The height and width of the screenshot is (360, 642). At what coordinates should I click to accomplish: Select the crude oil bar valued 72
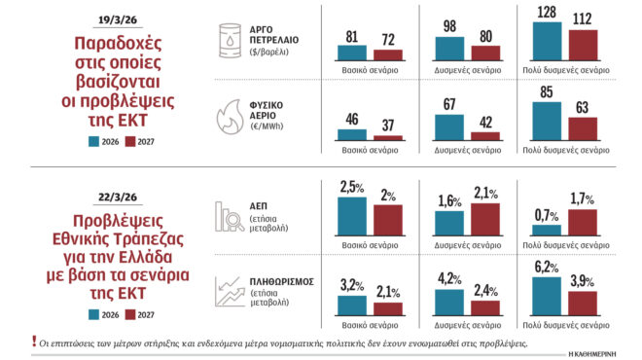coord(387,55)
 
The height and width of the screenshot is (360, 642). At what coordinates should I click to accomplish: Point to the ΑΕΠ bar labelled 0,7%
coord(549,231)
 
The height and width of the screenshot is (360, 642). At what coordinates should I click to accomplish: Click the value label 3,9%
coord(583,282)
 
